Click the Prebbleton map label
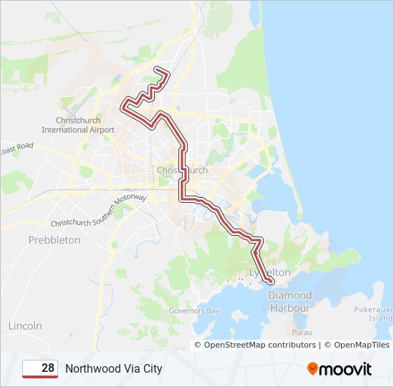(54, 240)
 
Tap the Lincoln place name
(25, 325)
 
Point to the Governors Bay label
(193, 311)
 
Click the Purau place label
(302, 333)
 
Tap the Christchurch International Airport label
(78, 125)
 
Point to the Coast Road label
(16, 148)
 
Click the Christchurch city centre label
(182, 170)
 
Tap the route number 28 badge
(41, 368)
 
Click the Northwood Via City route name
(114, 368)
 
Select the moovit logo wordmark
(346, 369)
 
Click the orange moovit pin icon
(313, 368)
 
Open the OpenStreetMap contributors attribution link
(260, 345)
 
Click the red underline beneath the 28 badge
(41, 376)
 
